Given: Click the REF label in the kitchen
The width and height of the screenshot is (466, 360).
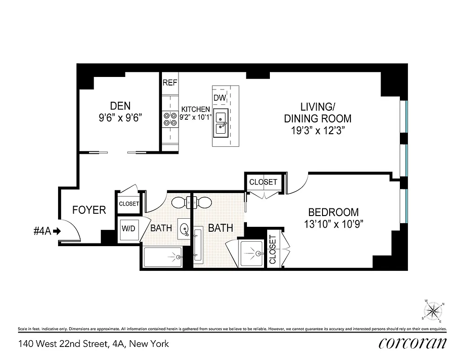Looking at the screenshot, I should click(x=170, y=83).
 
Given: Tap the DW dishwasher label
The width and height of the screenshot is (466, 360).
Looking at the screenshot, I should click(x=219, y=98).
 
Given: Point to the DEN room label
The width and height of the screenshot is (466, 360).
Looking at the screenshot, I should click(x=120, y=106).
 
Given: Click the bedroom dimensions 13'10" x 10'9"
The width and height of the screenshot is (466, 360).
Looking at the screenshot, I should click(x=333, y=224).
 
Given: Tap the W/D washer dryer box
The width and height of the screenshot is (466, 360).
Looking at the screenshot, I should click(x=128, y=228).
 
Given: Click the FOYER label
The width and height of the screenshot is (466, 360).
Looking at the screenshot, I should click(x=89, y=210).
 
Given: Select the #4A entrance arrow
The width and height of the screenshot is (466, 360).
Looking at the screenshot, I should click(x=57, y=231).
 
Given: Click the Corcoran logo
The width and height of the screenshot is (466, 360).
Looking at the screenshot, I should click(x=412, y=343).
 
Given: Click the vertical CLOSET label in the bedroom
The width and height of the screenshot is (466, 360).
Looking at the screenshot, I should click(x=273, y=251).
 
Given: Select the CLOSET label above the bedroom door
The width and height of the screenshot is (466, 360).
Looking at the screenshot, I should click(x=263, y=182).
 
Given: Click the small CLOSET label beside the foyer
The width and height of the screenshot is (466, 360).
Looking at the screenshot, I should click(x=129, y=204).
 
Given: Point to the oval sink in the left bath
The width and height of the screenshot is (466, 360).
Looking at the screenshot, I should click(x=184, y=228).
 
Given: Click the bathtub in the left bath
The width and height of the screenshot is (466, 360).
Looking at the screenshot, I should click(x=162, y=257).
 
